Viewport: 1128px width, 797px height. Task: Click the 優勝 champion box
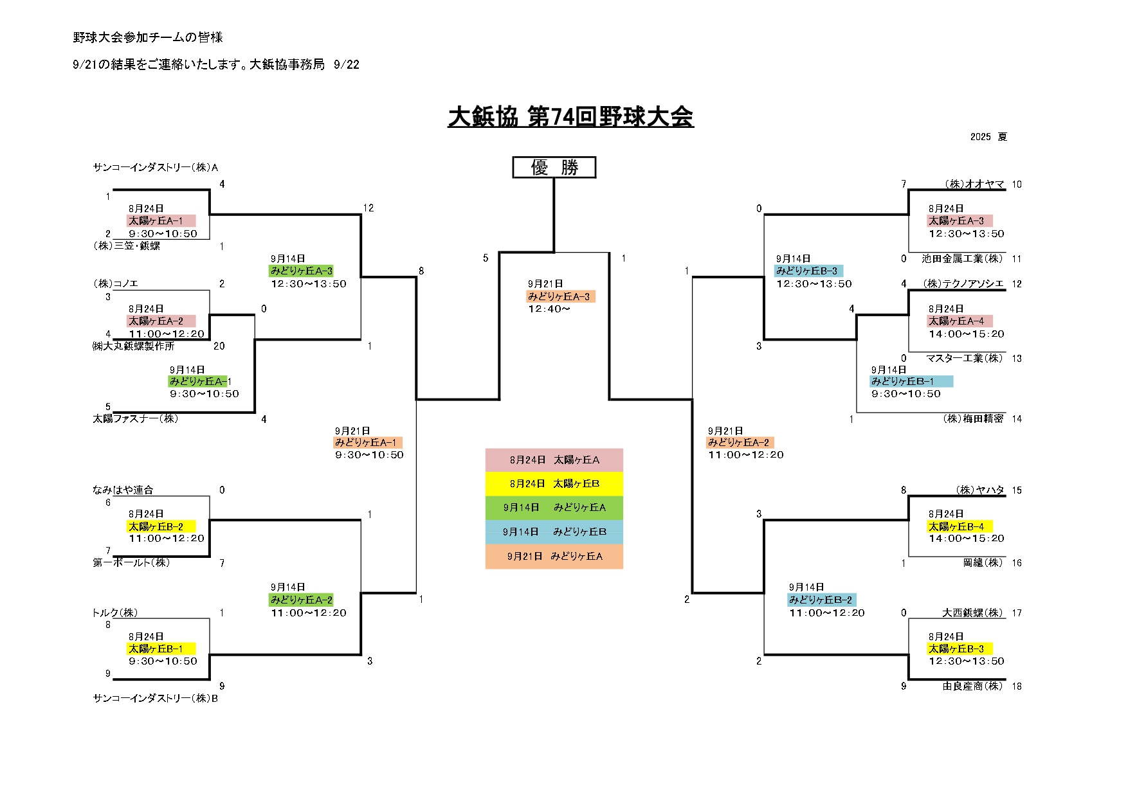point(554,167)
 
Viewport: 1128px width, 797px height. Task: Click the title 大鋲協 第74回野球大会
point(570,117)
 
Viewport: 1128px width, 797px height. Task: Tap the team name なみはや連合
point(123,490)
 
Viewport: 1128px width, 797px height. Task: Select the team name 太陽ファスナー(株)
point(135,418)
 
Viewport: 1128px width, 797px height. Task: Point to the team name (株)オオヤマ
point(974,184)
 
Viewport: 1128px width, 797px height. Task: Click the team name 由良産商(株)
point(972,686)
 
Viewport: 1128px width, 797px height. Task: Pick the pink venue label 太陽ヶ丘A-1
point(160,220)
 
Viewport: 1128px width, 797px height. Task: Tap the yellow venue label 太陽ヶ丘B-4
point(956,526)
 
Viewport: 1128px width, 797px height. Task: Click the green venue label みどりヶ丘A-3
point(302,271)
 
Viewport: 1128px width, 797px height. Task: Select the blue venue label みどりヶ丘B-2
point(821,600)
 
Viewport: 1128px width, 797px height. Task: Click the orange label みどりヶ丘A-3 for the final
point(559,296)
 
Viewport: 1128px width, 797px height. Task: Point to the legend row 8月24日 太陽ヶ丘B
point(554,483)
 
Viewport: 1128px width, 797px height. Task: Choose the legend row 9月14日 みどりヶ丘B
point(554,532)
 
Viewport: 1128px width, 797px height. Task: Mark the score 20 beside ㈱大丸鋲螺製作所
point(219,346)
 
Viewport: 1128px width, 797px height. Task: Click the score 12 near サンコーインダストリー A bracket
point(368,208)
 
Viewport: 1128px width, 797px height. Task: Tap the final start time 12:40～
point(549,309)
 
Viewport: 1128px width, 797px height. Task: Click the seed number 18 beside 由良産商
point(1017,686)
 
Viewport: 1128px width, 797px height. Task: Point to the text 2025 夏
point(988,137)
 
